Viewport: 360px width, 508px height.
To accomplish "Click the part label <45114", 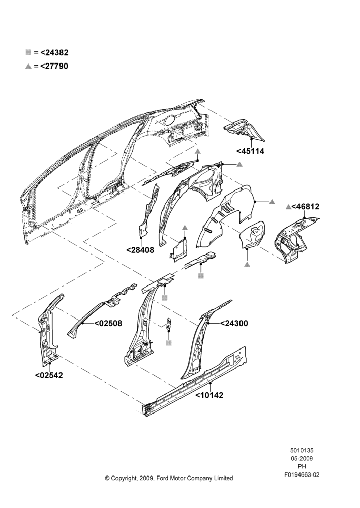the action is pos(250,151).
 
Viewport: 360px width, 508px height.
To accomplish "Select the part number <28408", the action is pos(140,250).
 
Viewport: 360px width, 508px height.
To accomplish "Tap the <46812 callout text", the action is pos(305,206).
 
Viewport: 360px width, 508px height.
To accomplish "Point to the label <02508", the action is pos(108,323).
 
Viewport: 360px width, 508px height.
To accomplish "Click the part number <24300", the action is pos(234,323).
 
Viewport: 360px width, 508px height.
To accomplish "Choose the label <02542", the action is pos(49,375).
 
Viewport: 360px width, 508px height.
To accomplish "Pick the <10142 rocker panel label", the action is pos(209,395).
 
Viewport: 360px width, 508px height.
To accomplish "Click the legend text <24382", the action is pos(54,52).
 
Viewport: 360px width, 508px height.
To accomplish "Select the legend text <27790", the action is pos(54,66).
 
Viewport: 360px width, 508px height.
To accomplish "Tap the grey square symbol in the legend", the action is pos(28,52).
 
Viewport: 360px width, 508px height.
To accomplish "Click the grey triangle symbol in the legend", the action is pos(28,66).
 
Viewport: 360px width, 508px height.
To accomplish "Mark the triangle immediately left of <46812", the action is pos(288,206).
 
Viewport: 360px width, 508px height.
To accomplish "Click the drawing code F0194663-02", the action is pos(302,475).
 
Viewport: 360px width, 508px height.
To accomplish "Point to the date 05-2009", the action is pos(302,458).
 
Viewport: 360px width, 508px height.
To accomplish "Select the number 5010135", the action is pos(302,450).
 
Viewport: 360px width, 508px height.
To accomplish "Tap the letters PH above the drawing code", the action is pos(302,466).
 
